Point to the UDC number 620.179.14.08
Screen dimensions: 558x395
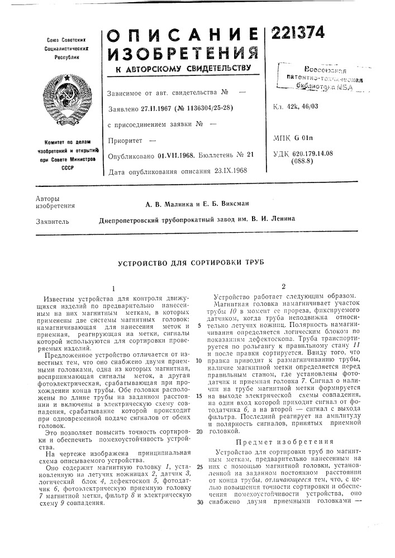[325, 152]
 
